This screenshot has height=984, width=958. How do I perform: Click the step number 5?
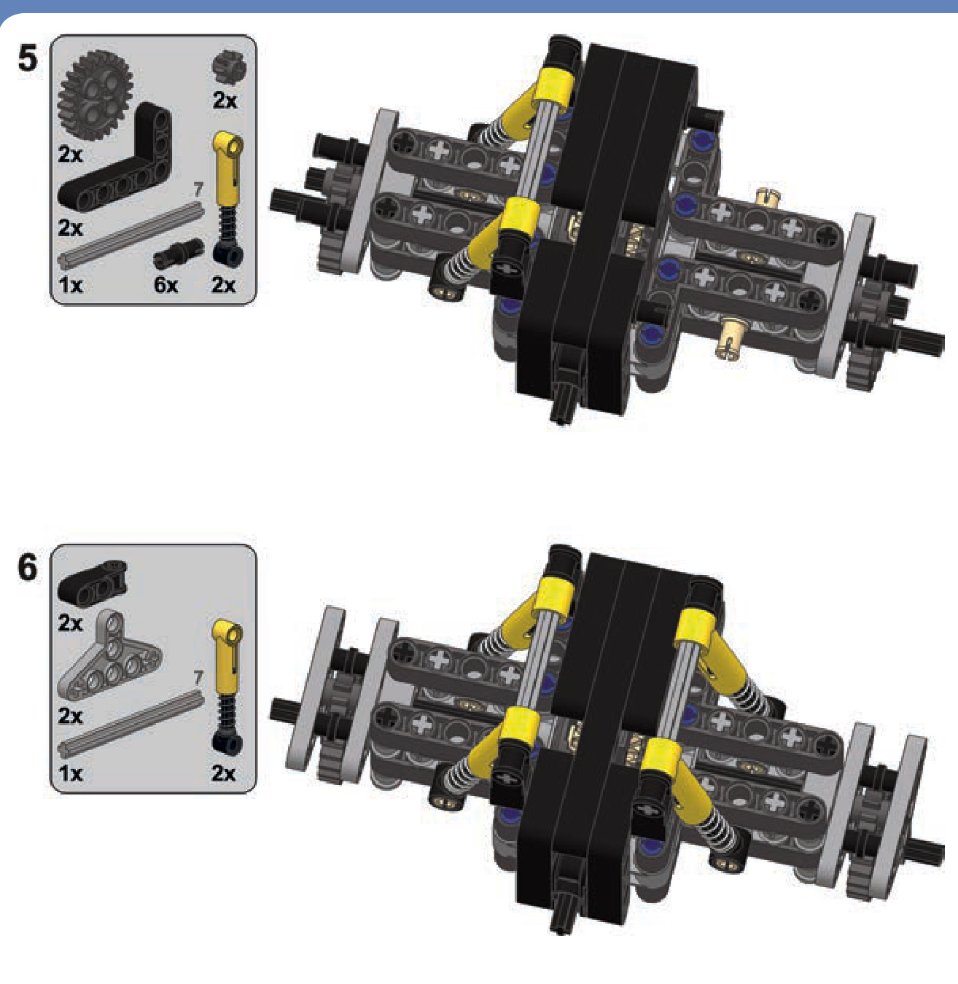coord(28,58)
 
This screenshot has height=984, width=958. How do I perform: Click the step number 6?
coord(28,567)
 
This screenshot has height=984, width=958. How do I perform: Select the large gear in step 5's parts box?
coord(95,95)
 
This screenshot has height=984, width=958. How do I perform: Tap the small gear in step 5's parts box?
coord(229,66)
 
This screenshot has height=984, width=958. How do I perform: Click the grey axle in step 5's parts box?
coord(131,234)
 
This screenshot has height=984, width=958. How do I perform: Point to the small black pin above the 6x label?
coord(178,254)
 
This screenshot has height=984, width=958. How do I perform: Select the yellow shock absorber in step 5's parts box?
coord(228,198)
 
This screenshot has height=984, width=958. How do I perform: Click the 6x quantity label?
coord(166,286)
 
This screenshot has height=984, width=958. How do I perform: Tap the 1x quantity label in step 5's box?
coord(70,286)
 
